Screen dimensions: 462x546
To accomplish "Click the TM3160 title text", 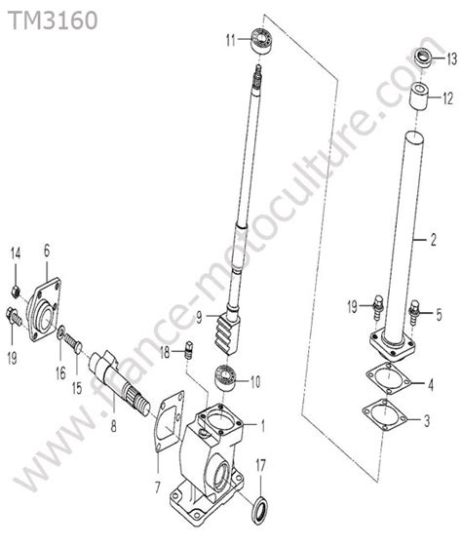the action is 53,20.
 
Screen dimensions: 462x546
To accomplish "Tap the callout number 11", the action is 231,40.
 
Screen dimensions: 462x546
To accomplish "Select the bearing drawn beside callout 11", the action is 262,40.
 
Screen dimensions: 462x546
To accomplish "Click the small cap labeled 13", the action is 423,58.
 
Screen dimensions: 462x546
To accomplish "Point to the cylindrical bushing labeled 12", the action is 418,97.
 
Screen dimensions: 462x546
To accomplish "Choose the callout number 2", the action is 433,240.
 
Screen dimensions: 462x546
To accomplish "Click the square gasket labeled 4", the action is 388,378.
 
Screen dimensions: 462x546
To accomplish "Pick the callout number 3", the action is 427,421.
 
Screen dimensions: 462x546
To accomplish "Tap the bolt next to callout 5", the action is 414,312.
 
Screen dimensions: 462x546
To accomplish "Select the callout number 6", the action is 47,251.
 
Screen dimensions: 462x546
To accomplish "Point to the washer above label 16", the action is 60,333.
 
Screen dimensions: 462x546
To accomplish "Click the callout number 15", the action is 77,388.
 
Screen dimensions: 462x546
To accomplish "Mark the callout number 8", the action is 113,426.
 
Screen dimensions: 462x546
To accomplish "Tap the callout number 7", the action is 157,487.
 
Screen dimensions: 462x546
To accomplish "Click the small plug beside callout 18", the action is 189,350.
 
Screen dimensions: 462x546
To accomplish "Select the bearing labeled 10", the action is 225,379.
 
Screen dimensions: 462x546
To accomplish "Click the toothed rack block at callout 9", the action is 225,333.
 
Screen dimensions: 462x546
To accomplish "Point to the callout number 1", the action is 263,425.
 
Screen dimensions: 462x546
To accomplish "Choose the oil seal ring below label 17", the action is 260,511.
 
